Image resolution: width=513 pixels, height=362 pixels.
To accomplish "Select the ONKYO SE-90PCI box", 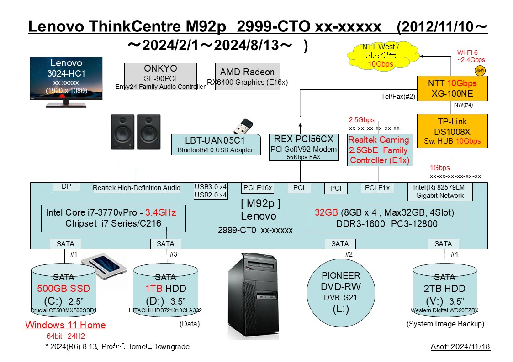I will pos(160,77).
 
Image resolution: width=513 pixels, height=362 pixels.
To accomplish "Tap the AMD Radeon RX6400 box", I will pos(247,77).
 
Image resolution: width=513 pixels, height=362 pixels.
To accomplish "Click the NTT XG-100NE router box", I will pos(452,88).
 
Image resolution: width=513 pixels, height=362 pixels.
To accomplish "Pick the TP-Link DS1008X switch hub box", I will pos(452,131).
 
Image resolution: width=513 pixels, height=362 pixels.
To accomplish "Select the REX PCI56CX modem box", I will pos(304,147).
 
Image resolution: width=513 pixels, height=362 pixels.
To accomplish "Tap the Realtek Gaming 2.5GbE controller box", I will pos(379,150).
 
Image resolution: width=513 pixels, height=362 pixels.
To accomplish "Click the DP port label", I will pos(66,186).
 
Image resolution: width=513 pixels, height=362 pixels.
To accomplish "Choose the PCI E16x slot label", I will pos(258,188).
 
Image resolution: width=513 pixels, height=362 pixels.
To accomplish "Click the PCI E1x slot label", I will pos(377,187).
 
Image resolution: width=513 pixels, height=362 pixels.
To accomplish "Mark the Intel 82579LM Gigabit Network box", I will pos(440,191).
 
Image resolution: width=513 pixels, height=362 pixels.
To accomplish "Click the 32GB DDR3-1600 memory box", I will pos(387,218).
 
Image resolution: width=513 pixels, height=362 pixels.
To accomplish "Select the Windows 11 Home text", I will pos(65,325).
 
